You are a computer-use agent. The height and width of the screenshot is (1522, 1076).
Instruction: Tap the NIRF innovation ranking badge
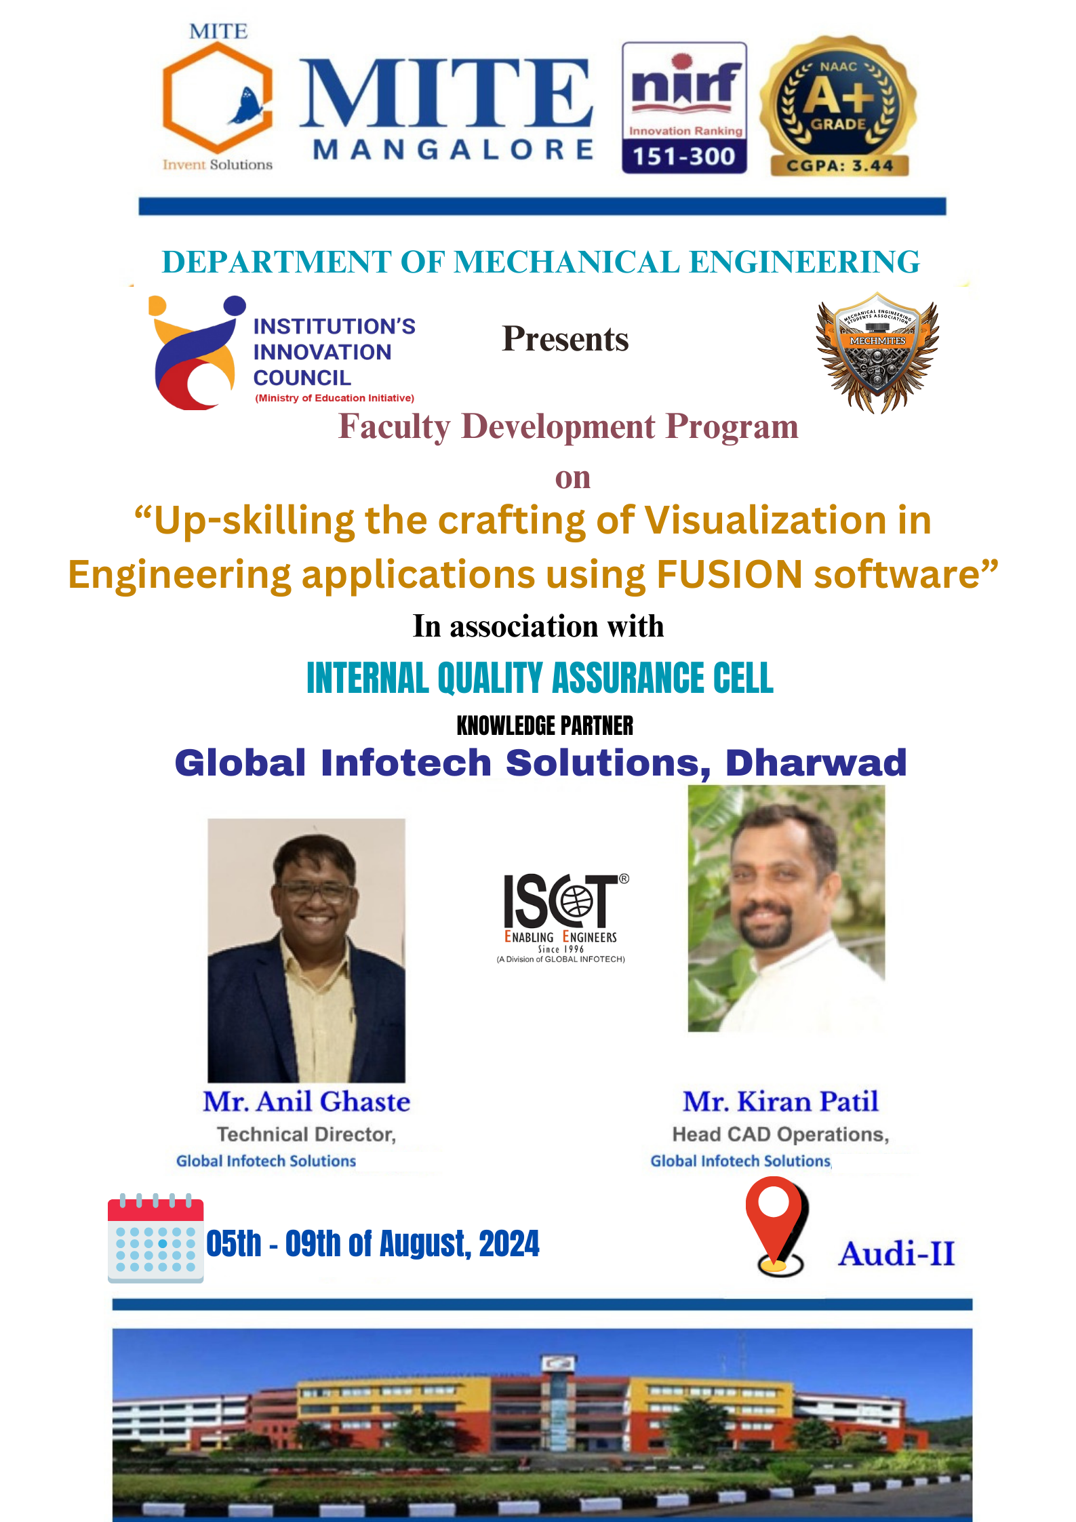coord(684,107)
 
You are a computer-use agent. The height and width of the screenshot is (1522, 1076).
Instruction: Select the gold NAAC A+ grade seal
coord(839,106)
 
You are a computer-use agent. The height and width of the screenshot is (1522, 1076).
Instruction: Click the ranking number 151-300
coord(684,157)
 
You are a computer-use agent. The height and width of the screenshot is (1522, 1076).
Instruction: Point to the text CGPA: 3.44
coord(839,165)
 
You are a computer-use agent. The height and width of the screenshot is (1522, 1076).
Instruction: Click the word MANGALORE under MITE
coord(453,149)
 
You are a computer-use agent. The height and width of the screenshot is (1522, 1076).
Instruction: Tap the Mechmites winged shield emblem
coord(877,353)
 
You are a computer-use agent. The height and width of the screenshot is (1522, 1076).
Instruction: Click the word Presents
coord(565,339)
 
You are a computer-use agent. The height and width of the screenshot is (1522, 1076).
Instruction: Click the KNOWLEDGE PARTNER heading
coord(545,725)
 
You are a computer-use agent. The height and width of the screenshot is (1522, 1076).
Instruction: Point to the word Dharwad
coord(816,763)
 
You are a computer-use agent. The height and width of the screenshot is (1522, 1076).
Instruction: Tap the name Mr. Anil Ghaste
coord(306,1102)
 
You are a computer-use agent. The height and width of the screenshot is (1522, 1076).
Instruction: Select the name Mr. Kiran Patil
coord(780,1102)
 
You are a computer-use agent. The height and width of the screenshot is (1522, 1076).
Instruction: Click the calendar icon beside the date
coord(155,1238)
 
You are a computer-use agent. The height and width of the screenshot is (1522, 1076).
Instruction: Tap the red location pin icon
coord(777,1227)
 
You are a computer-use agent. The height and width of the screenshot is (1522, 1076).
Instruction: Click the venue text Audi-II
coord(896,1253)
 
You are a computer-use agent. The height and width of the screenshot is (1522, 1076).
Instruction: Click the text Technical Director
coord(306,1134)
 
